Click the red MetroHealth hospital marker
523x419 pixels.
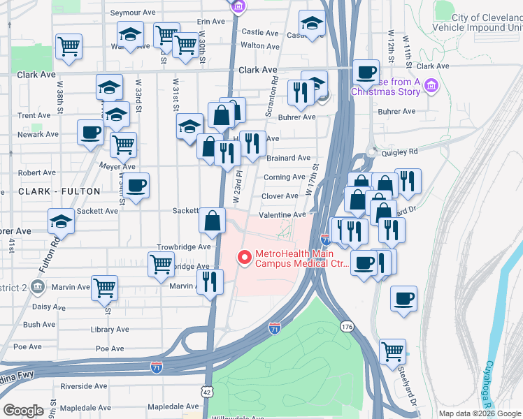[x=244, y=258]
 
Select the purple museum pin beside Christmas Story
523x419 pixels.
[x=431, y=86]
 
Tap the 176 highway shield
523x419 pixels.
[x=347, y=326]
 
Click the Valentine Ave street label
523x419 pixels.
[x=282, y=215]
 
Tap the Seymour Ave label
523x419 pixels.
[x=135, y=13]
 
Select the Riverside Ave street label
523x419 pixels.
[x=84, y=385]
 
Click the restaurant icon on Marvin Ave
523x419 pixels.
[x=210, y=281]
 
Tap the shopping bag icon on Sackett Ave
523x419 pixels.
[x=212, y=220]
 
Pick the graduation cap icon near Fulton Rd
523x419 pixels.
[x=62, y=221]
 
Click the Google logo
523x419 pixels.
[x=24, y=410]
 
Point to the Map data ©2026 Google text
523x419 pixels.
[x=480, y=413]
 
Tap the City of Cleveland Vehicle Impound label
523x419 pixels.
[x=487, y=22]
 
